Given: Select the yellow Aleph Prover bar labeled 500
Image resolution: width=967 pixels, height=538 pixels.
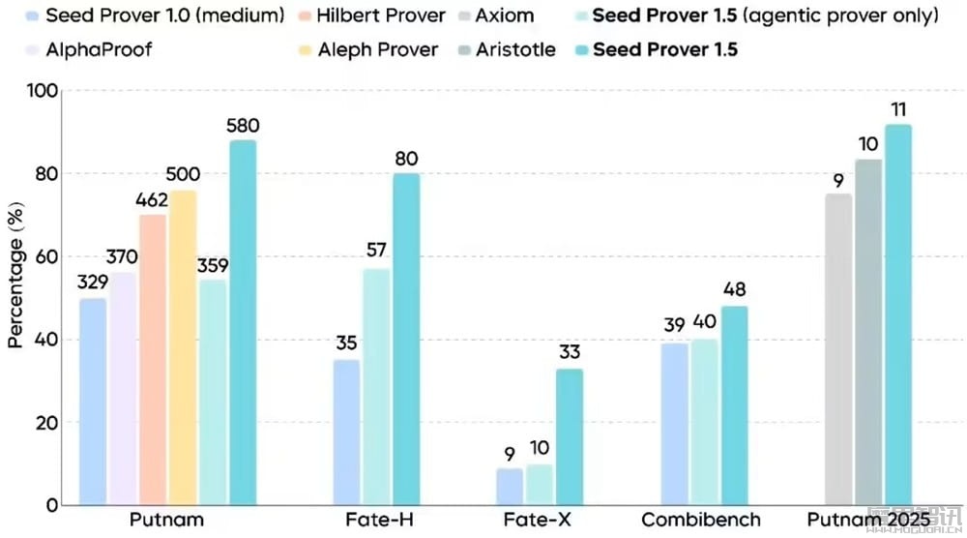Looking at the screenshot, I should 183,347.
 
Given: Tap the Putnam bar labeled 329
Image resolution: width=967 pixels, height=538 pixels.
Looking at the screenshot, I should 93,402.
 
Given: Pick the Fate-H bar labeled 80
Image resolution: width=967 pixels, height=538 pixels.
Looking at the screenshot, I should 406,339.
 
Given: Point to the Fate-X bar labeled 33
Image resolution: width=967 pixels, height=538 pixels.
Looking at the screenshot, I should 570,436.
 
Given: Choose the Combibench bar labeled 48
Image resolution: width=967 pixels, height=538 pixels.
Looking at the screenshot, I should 733,405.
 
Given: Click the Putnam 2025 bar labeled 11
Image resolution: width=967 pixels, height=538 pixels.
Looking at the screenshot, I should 897,314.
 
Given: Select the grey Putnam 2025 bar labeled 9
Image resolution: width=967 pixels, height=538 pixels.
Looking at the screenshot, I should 838,349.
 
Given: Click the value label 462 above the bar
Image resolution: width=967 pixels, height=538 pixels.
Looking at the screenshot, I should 152,201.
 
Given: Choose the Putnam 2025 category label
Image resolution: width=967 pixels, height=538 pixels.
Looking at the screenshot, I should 867,521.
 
